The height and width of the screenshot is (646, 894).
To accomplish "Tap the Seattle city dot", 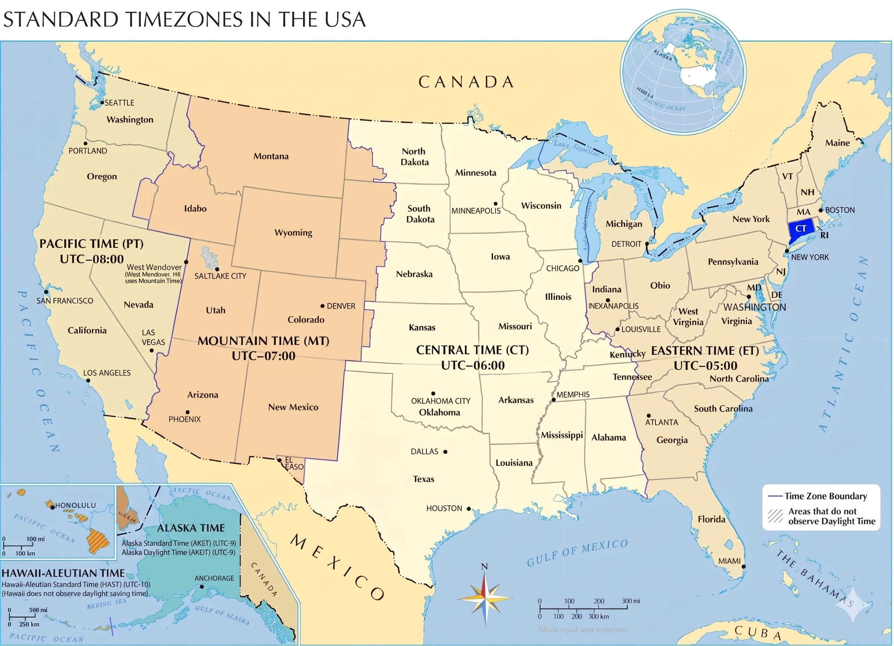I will click(102, 103).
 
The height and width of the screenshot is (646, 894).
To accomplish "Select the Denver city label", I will click(341, 306).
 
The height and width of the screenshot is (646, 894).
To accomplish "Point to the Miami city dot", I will click(744, 566).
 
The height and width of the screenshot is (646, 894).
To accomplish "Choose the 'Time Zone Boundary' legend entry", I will click(825, 496).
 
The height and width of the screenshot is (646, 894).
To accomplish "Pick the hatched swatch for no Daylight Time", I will click(775, 516).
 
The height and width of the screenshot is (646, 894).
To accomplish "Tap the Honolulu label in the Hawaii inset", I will click(75, 505).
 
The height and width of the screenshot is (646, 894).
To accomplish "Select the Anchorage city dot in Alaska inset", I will click(202, 586).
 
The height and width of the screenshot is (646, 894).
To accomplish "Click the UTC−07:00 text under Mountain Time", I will click(263, 356).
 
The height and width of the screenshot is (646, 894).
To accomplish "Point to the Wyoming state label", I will click(293, 233).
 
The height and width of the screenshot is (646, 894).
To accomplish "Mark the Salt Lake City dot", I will click(217, 269).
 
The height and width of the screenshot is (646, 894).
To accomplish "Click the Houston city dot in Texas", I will click(469, 509).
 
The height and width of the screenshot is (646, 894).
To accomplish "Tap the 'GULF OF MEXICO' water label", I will click(577, 553).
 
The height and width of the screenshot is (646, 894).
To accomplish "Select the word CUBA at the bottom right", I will click(758, 632).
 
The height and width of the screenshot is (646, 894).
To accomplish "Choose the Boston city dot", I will click(821, 210).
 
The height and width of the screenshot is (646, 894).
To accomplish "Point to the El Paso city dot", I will click(279, 460).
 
